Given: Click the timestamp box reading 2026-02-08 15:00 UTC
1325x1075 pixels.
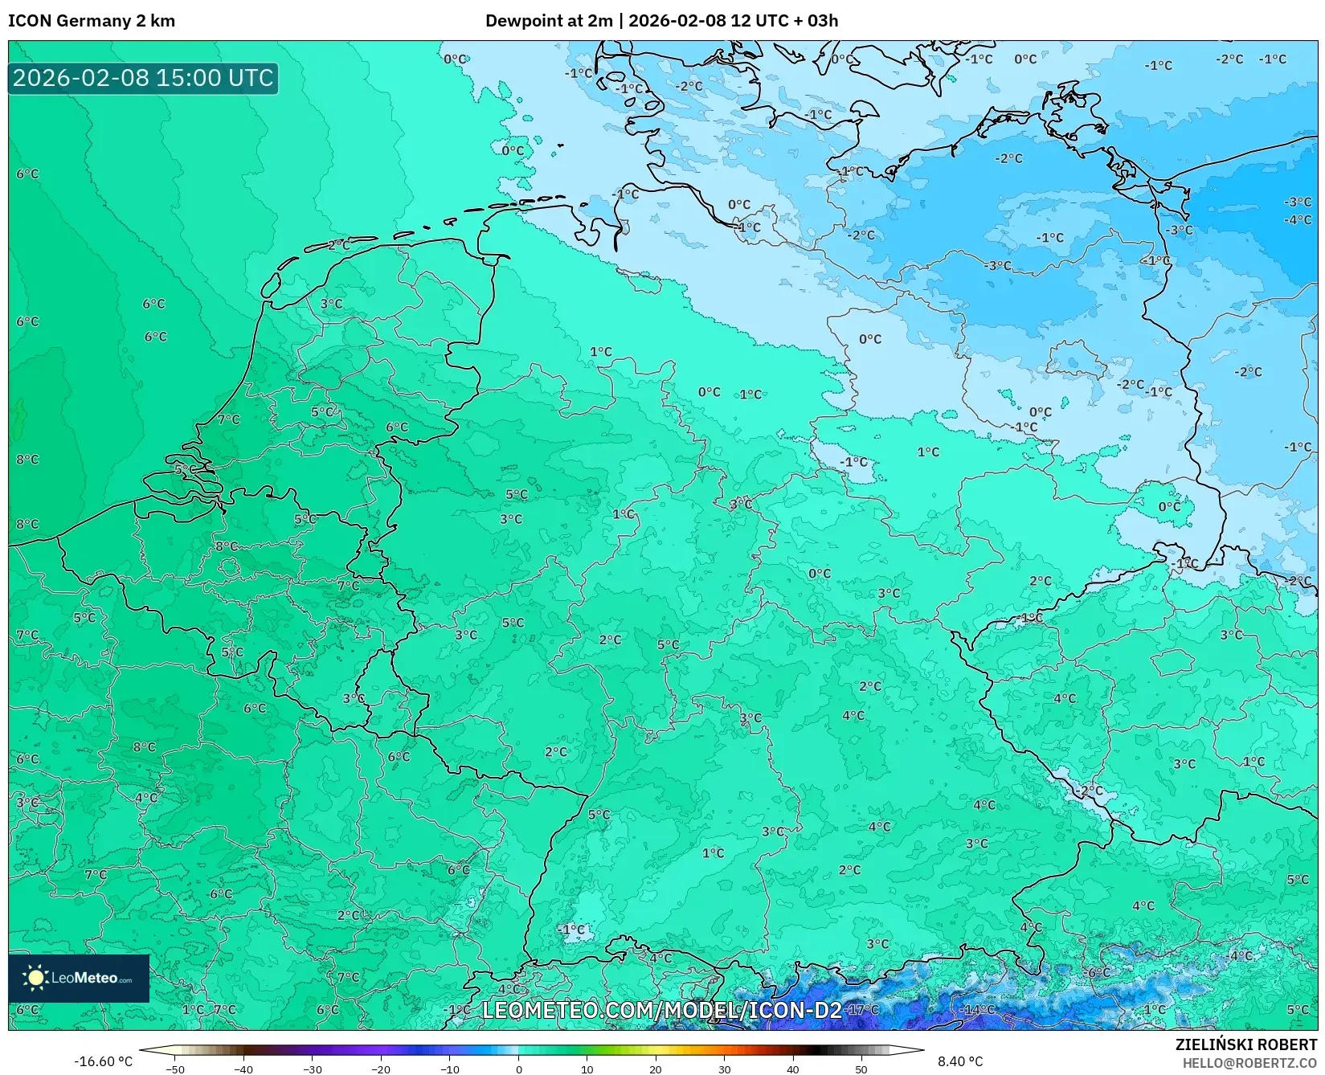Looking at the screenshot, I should (143, 78).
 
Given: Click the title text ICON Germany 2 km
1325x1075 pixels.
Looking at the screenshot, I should (92, 21).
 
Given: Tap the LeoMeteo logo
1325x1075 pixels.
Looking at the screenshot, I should (79, 978).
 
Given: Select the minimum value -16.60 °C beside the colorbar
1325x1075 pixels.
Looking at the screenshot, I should (103, 1061).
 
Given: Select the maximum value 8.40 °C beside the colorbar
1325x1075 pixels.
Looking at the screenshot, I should (960, 1061).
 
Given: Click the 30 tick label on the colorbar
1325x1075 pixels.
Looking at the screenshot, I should (724, 1069).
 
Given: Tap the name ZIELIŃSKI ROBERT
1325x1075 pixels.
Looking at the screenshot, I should (1246, 1044).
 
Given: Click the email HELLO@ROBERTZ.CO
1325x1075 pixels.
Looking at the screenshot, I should (1249, 1063).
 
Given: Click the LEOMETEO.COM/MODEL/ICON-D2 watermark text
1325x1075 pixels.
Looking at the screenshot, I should (662, 1010).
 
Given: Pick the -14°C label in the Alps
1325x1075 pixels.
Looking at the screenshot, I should (979, 1010).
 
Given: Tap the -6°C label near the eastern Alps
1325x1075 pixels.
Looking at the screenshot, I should (1097, 973).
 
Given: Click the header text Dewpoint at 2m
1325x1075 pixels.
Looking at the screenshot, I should (549, 21).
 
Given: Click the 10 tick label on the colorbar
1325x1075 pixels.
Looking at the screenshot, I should (587, 1069).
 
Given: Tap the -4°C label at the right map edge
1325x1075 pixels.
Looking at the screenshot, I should (1297, 219).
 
